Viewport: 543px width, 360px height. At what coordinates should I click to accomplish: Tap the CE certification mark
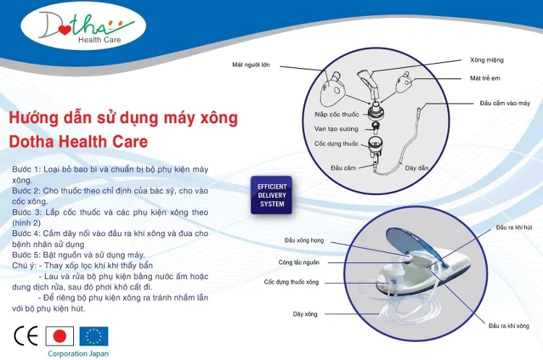click(x=26, y=336)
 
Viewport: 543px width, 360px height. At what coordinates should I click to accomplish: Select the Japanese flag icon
click(x=60, y=336)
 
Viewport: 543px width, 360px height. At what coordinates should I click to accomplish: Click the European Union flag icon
click(x=93, y=336)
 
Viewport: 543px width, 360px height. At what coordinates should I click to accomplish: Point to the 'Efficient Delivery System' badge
click(x=272, y=195)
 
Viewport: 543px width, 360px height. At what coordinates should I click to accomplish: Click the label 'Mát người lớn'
click(x=251, y=64)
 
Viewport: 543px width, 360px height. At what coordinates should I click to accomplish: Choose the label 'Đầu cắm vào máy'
click(x=505, y=104)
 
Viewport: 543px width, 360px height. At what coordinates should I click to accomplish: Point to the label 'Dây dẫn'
click(x=416, y=168)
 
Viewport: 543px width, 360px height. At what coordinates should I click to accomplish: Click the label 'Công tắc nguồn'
click(x=298, y=262)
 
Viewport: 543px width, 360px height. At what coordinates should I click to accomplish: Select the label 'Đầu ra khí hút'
click(x=514, y=227)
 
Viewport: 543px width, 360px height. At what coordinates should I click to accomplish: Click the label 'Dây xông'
click(x=306, y=314)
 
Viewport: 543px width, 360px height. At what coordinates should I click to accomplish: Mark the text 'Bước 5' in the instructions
click(x=27, y=254)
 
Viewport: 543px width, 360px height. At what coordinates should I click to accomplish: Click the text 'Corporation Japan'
click(x=78, y=353)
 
